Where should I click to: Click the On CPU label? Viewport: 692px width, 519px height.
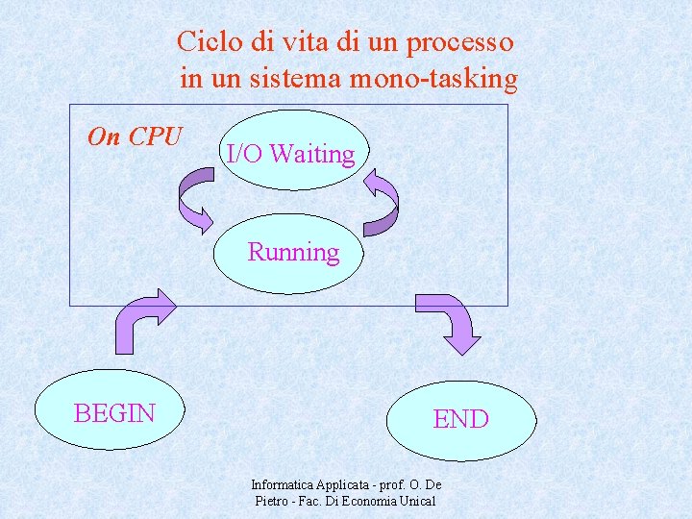tap(135, 137)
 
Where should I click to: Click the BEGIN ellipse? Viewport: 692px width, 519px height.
tap(114, 412)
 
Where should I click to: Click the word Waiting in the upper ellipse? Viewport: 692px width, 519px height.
tap(311, 154)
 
